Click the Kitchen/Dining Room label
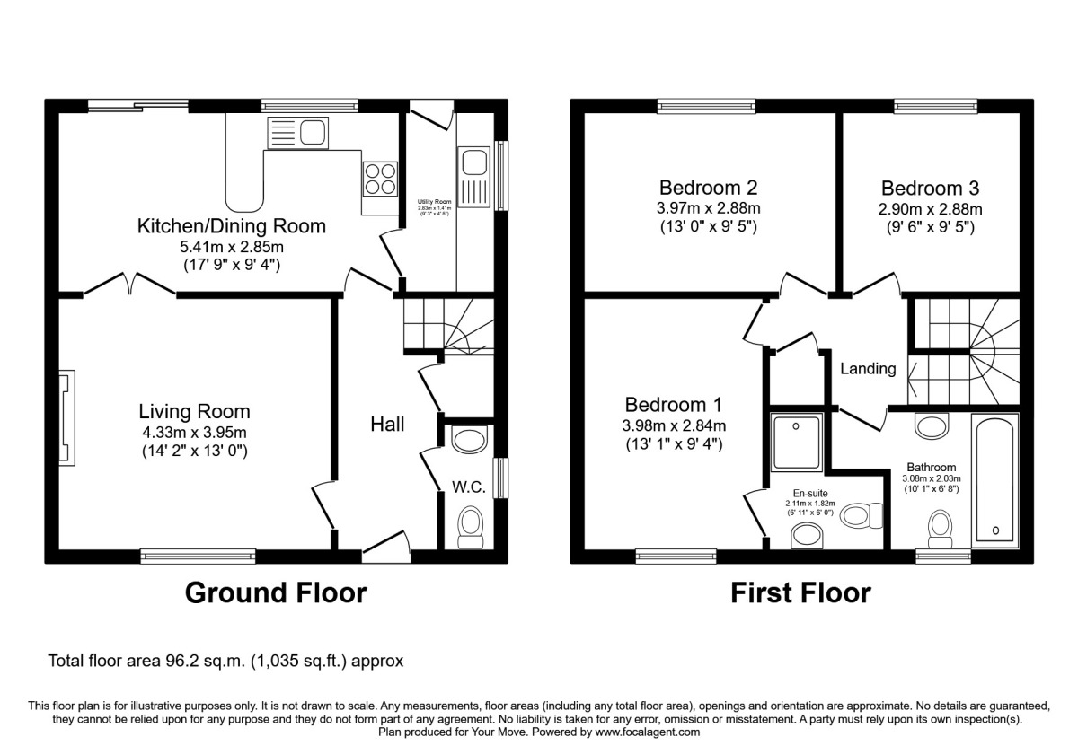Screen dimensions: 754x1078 pos(231,225)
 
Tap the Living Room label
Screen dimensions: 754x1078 pos(194,412)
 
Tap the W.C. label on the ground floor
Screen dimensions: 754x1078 pos(469,487)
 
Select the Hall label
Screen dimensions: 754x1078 pos(387,424)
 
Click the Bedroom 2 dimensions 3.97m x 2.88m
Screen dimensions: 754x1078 pos(708,208)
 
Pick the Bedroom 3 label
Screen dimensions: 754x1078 pos(930,188)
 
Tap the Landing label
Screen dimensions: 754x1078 pos(868,368)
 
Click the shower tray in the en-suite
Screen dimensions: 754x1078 pos(796,441)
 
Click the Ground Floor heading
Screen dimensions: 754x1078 pos(276,592)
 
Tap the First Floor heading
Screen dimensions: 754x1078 pos(800,592)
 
